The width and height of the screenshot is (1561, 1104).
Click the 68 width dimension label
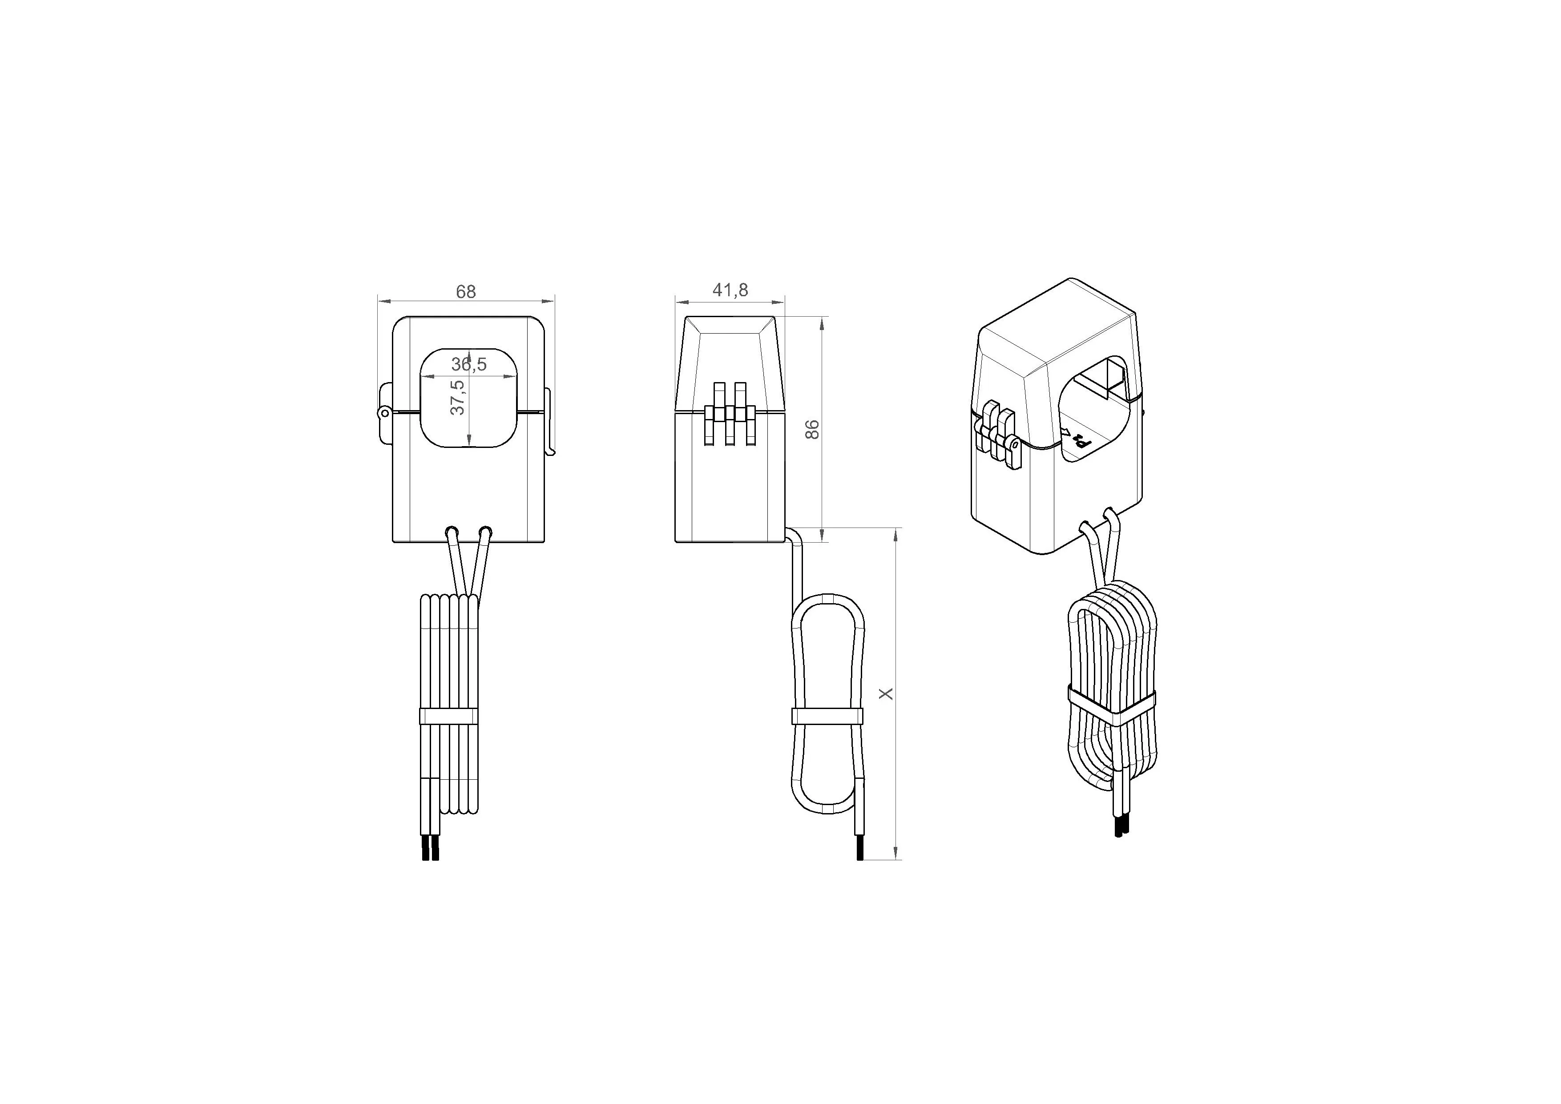(x=466, y=292)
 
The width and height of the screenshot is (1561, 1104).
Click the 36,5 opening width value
(x=469, y=364)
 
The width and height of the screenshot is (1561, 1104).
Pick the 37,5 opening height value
(x=458, y=397)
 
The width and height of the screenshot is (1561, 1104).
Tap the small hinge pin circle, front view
(x=384, y=412)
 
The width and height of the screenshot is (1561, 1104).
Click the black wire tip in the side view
(x=860, y=849)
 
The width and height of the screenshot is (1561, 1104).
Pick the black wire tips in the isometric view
(x=1122, y=826)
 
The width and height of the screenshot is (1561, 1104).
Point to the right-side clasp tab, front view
(x=549, y=422)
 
